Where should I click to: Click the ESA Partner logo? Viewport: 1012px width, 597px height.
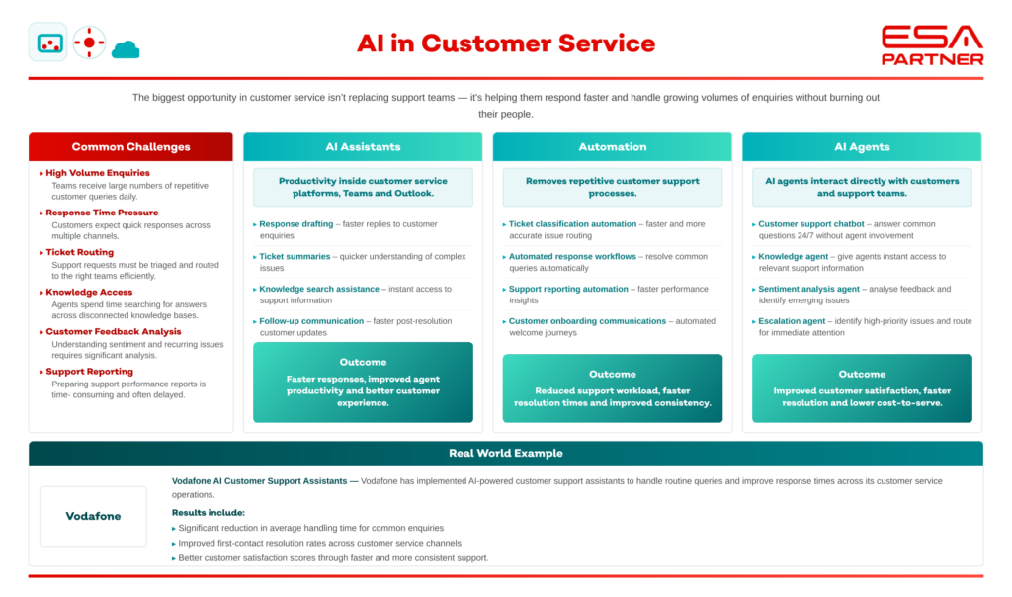932,45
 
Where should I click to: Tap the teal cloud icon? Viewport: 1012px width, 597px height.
126,49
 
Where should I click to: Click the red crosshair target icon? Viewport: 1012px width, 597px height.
89,43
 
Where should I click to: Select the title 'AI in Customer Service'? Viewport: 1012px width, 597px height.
506,43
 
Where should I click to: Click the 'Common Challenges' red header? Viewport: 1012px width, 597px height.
131,147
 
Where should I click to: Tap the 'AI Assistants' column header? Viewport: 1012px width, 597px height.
363,147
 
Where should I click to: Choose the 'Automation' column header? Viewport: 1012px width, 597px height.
613,147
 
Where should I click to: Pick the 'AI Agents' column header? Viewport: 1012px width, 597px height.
862,147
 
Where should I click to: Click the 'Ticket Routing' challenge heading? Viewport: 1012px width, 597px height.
79,252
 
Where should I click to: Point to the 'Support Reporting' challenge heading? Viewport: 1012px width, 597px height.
89,371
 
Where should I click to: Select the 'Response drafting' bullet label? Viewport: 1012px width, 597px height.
296,224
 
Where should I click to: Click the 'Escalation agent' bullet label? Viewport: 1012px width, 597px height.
792,321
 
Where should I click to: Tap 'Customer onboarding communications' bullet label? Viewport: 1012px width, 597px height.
587,321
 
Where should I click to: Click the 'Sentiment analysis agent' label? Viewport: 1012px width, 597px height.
808,289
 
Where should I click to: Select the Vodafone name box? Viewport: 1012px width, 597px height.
93,516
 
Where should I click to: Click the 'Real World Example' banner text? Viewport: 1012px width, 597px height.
506,453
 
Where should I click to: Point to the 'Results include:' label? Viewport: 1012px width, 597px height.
208,512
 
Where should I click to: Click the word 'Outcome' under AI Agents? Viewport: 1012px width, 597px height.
862,374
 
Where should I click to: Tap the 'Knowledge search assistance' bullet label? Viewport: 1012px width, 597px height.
319,289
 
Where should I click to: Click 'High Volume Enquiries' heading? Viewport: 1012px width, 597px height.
98,173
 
